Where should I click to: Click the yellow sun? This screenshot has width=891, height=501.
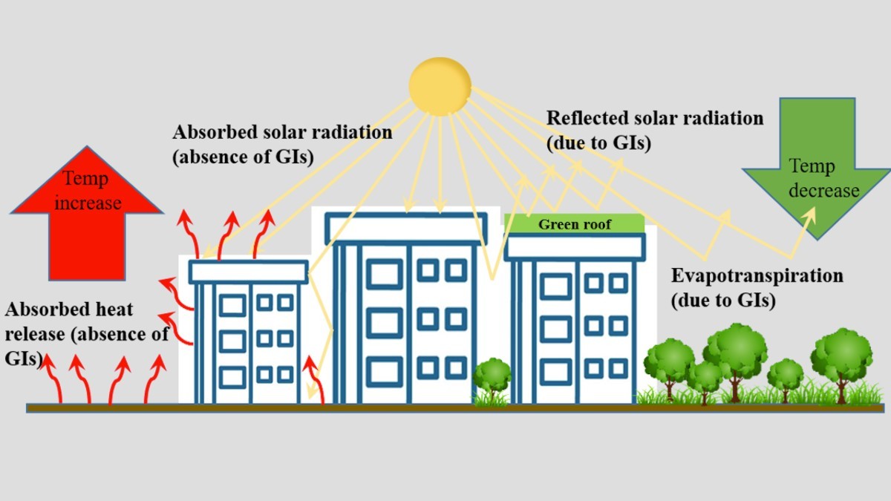click(x=440, y=85)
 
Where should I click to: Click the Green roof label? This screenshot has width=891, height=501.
click(x=574, y=223)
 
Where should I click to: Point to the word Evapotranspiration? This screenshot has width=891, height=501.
click(x=757, y=276)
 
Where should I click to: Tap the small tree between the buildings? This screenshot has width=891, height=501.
click(x=492, y=379)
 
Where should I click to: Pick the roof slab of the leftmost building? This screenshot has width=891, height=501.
click(x=248, y=271)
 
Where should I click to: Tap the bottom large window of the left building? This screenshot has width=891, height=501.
click(x=232, y=376)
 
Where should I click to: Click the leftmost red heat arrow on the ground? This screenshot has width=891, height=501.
click(x=53, y=379)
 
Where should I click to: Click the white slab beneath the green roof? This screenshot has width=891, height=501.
click(x=574, y=246)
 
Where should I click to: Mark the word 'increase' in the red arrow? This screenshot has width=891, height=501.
click(x=87, y=203)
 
